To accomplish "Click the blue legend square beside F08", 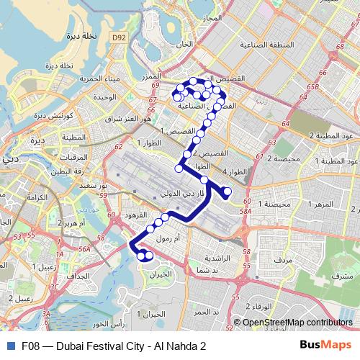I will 10,346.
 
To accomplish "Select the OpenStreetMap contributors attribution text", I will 292,323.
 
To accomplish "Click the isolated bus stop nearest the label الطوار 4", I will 227,191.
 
